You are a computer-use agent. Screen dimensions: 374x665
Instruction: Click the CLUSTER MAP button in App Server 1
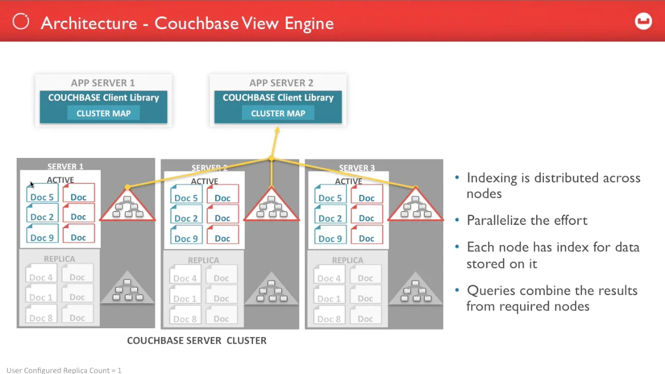coord(103,113)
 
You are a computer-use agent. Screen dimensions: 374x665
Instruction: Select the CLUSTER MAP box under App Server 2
coord(278,113)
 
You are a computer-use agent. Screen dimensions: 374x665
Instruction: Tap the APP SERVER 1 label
coord(103,83)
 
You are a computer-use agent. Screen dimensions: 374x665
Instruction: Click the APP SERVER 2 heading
coord(281,83)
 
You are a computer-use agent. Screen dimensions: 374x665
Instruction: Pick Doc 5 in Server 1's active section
coord(42,196)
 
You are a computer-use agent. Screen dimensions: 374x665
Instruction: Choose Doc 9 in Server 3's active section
coord(330,238)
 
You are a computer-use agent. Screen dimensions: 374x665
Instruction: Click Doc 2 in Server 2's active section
coord(186,218)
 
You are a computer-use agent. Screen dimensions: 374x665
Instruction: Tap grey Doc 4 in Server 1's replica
coord(41,277)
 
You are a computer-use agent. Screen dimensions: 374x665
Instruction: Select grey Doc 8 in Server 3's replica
coord(329,318)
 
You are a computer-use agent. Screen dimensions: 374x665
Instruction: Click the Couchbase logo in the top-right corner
coord(643,21)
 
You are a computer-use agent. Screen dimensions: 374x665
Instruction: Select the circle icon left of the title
coord(21,22)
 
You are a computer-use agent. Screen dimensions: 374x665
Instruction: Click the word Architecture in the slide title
coord(88,23)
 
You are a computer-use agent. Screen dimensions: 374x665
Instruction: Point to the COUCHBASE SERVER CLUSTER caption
coord(197,341)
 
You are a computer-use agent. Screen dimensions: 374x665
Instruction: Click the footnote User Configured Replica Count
coord(64,370)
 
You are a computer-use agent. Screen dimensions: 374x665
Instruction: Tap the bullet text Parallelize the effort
coord(527,220)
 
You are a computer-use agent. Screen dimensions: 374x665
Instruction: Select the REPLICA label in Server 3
coord(348,260)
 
